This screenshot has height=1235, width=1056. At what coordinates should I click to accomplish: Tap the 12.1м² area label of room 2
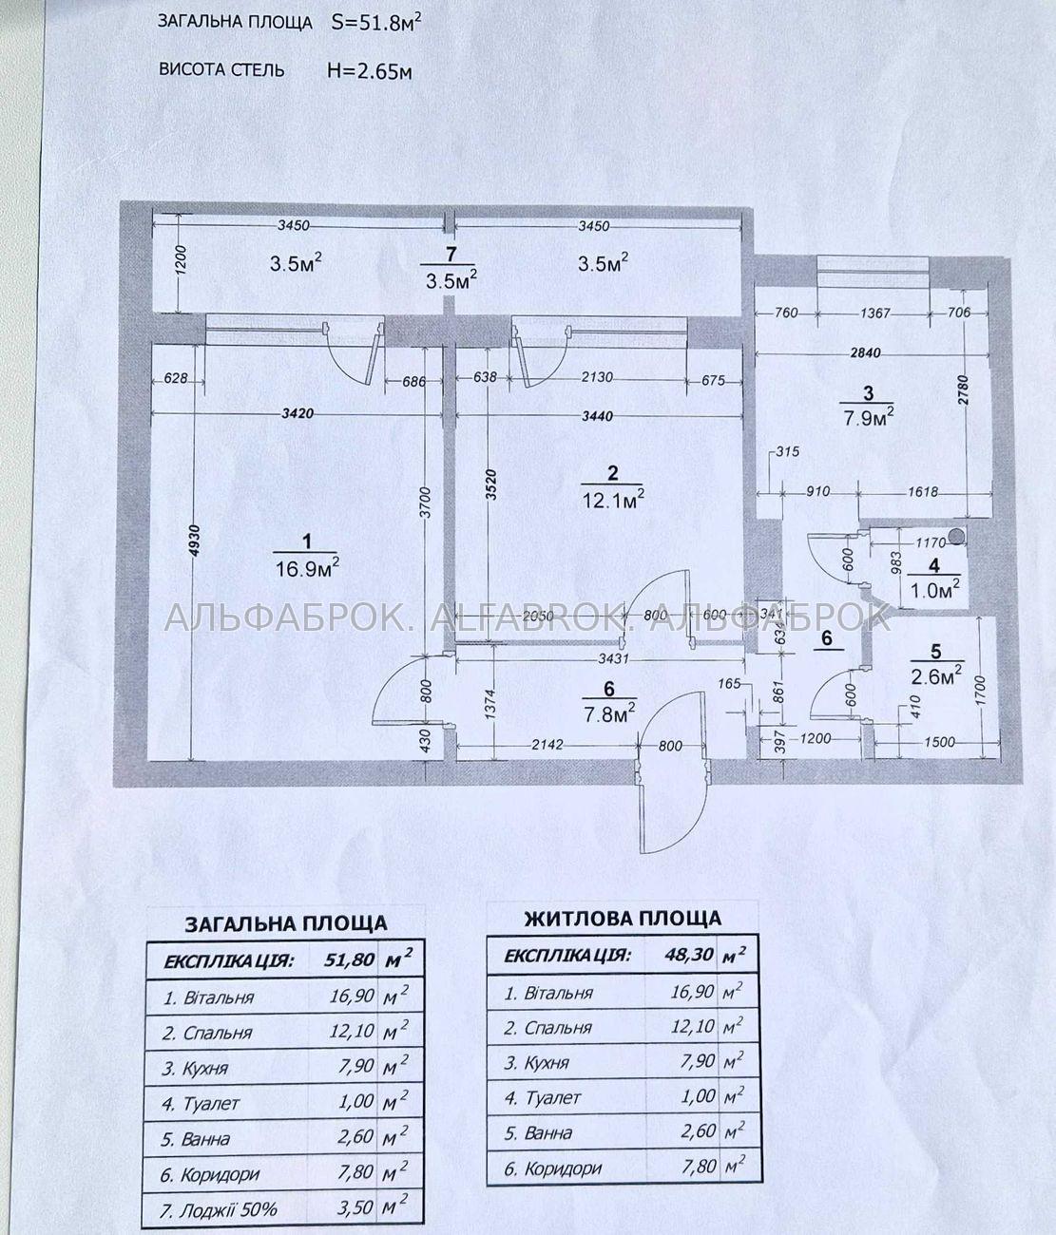coord(613,499)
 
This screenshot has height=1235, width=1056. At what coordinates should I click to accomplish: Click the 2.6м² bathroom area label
coord(936,676)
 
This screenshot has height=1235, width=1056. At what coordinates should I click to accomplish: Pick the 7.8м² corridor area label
coord(608,712)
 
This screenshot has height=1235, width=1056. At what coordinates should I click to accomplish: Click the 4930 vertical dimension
coord(194,546)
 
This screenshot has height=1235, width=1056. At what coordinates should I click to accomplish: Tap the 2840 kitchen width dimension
coord(865,352)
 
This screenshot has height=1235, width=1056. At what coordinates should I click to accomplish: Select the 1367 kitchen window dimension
coord(874,313)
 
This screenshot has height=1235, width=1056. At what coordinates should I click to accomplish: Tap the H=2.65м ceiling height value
coord(369,71)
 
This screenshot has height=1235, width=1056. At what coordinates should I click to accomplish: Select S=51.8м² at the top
coord(376,23)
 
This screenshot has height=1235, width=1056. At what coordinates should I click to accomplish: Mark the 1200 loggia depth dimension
coord(182,259)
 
